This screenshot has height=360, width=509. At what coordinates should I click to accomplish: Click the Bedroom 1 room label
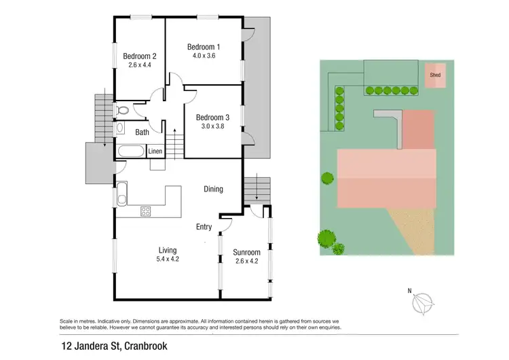[x=204, y=46]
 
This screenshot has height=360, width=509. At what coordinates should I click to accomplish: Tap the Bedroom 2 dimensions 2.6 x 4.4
[x=140, y=66]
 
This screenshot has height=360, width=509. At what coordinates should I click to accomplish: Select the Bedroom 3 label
[x=213, y=116]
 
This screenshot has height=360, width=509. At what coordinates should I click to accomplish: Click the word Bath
[x=142, y=132]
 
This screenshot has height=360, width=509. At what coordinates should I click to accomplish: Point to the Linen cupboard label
[x=155, y=150]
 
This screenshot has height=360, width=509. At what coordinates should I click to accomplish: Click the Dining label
[x=213, y=190]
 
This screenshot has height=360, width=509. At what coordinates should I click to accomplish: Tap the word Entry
[x=204, y=227]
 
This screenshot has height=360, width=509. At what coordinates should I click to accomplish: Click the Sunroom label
[x=247, y=252]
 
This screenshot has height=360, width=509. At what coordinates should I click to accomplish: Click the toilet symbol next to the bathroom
[x=122, y=110]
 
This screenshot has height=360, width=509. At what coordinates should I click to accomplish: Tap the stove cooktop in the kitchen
[x=145, y=211]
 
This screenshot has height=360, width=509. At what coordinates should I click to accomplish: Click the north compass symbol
[x=426, y=302]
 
